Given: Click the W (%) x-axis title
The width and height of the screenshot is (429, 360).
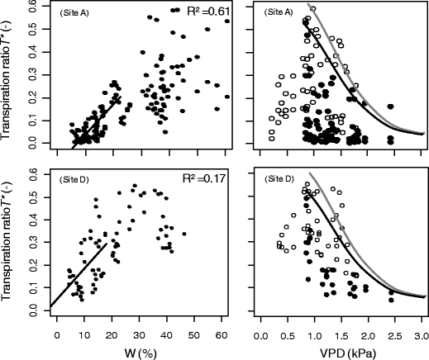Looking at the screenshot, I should pyautogui.click(x=139, y=352).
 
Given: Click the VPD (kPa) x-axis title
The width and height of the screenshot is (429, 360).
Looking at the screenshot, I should pyautogui.click(x=341, y=352).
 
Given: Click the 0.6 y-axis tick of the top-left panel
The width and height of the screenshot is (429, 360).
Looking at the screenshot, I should pyautogui.click(x=33, y=7).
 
